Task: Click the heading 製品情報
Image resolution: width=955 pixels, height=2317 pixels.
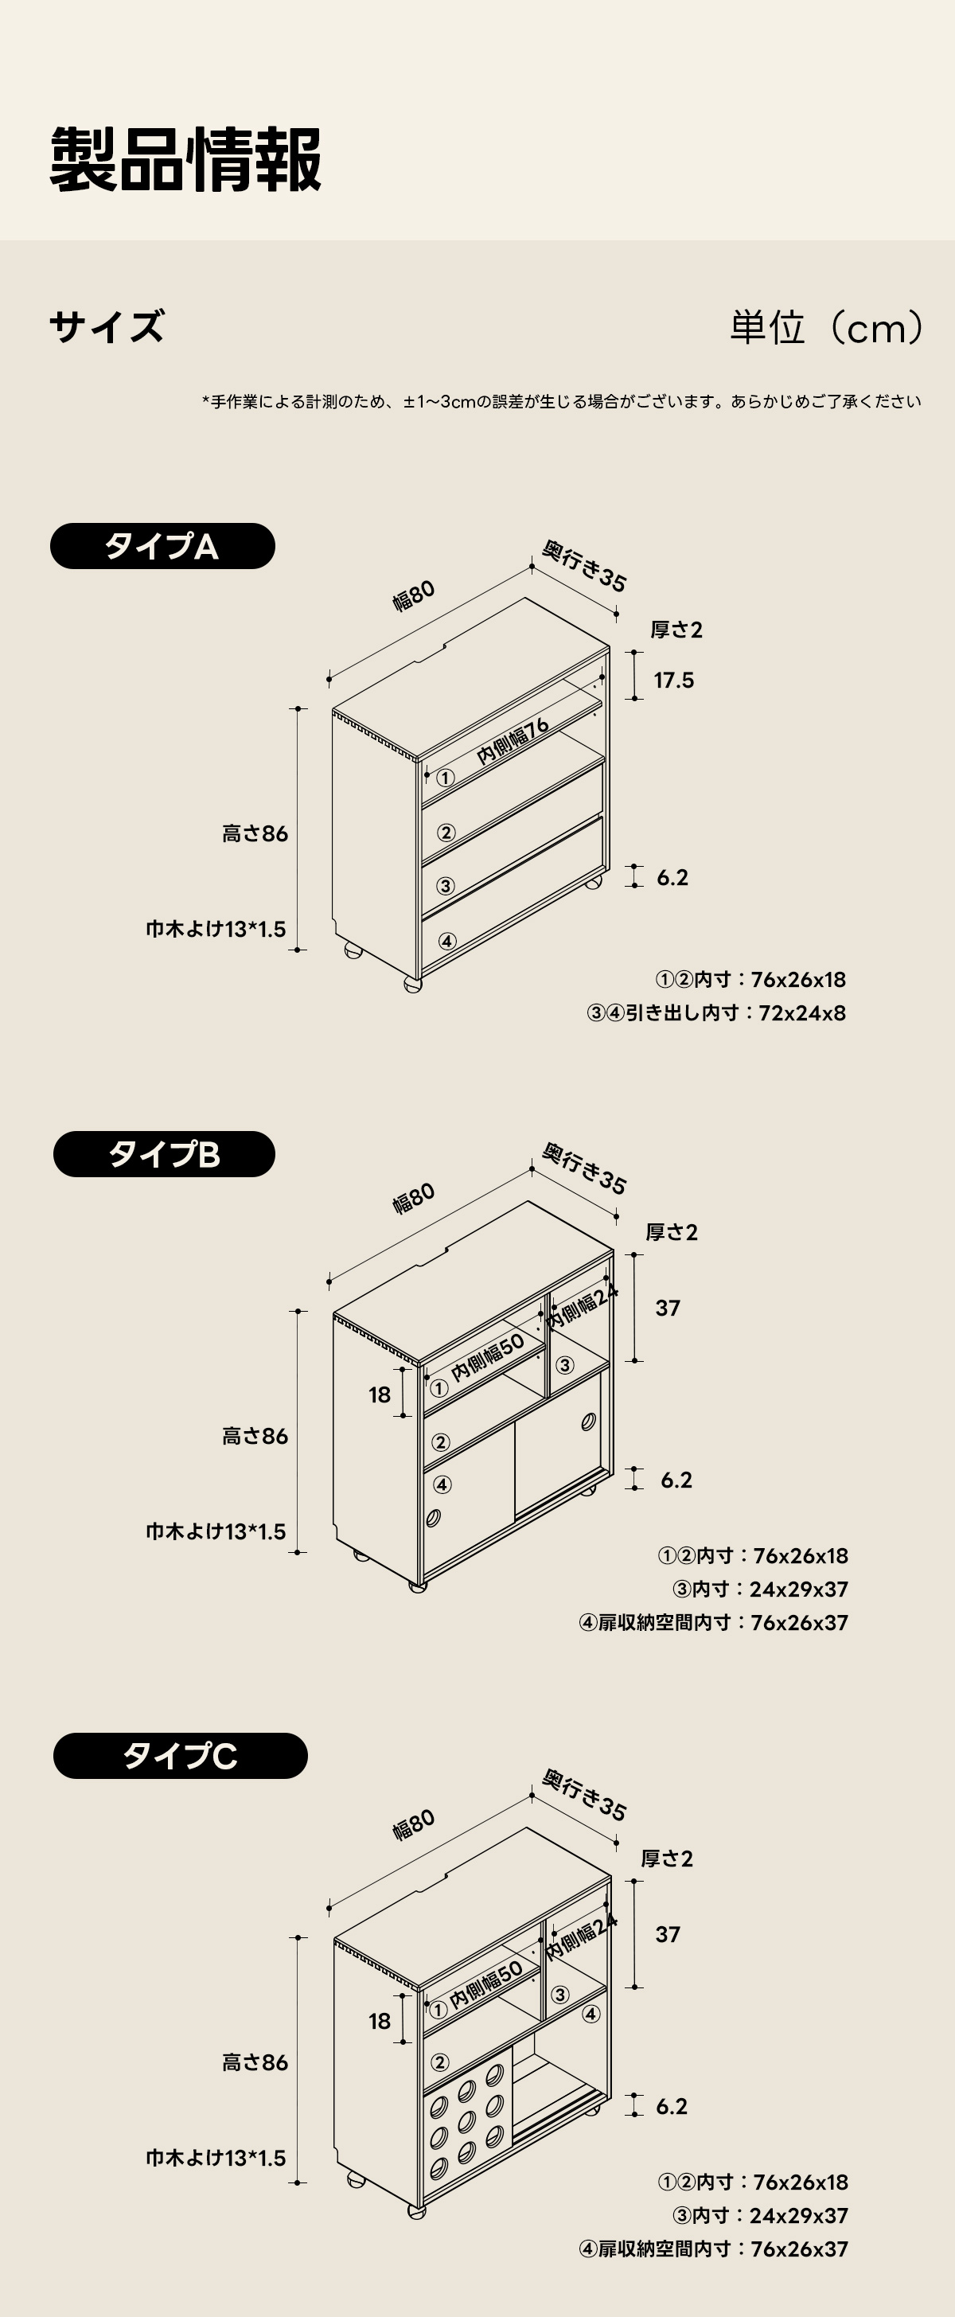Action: coord(185,160)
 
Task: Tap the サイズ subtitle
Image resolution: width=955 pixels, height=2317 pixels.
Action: coord(107,326)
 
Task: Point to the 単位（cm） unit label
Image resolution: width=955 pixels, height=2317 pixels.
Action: coord(826,327)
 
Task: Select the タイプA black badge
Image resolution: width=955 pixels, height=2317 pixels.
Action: coord(162,546)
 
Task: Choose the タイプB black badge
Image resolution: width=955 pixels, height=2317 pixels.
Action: coord(164,1154)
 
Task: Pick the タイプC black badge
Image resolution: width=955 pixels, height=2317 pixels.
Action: coord(180,1756)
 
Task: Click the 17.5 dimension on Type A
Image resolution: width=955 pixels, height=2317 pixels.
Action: coord(673,680)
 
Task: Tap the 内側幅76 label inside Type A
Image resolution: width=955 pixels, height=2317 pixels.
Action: coord(512,741)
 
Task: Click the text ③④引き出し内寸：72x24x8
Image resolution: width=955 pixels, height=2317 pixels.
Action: coord(715,1012)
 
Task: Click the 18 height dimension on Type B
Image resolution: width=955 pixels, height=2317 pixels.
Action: coord(380,1394)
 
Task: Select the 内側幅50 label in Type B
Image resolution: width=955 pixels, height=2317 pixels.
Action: coord(486,1357)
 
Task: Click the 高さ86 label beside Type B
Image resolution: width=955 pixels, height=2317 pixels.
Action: coord(255,1437)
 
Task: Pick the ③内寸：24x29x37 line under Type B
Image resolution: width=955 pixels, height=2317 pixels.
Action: coord(760,1590)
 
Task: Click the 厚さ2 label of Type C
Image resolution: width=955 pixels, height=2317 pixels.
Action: coord(667,1859)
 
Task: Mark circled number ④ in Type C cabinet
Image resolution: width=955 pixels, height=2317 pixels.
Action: coord(591,2014)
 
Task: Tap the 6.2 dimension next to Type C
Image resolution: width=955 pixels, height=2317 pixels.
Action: coord(672,2105)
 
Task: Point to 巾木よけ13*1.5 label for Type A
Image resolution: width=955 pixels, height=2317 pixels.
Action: coord(216,929)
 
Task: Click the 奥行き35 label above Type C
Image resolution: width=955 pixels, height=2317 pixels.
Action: coord(584,1796)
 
